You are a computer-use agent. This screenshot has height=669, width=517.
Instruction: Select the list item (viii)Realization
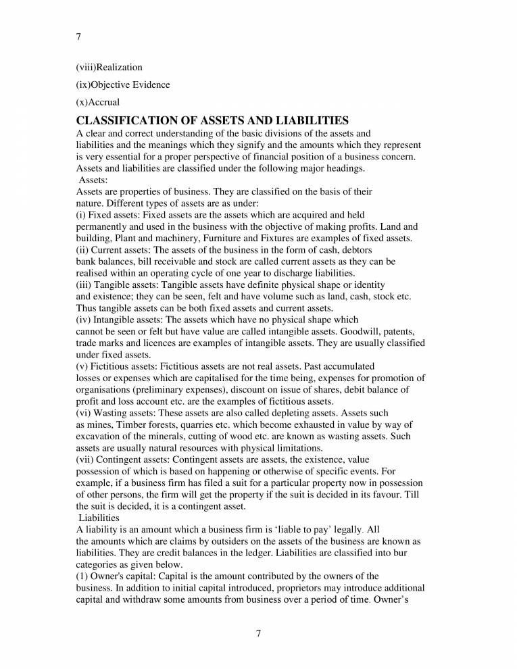tap(109, 68)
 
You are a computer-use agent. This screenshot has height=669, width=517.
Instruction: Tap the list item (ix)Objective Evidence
tap(122, 85)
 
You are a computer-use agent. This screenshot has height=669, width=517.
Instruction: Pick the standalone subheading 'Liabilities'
tap(99, 518)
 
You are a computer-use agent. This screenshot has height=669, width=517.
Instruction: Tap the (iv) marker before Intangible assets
tap(82, 320)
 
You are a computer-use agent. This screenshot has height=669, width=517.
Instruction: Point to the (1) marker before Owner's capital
tap(82, 576)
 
